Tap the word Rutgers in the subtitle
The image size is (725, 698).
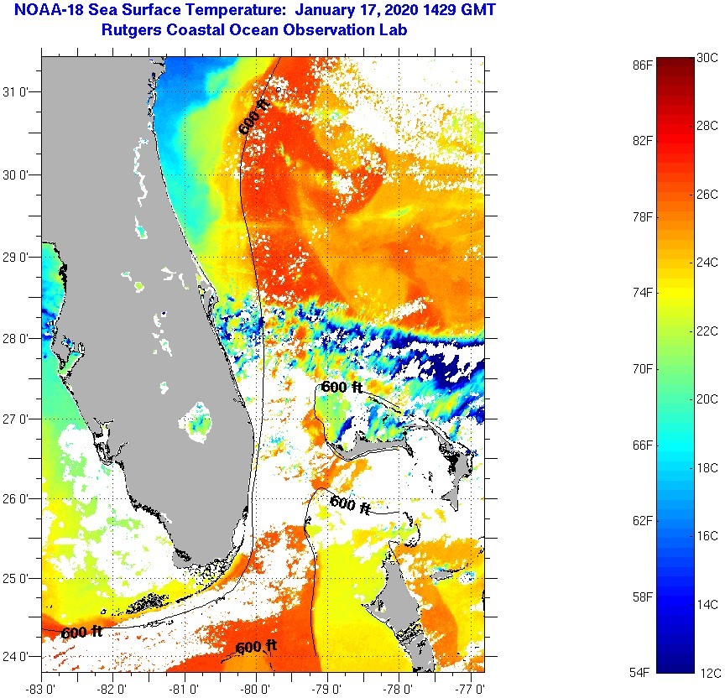pos(131,30)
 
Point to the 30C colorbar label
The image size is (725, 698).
pos(707,57)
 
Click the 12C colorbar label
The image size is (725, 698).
pos(707,672)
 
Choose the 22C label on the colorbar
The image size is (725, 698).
pos(707,331)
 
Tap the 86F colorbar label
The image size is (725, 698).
pos(643,64)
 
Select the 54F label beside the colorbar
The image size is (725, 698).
pos(643,672)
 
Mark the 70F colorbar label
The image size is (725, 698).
pos(643,368)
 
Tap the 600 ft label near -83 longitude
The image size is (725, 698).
pos(82,632)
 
